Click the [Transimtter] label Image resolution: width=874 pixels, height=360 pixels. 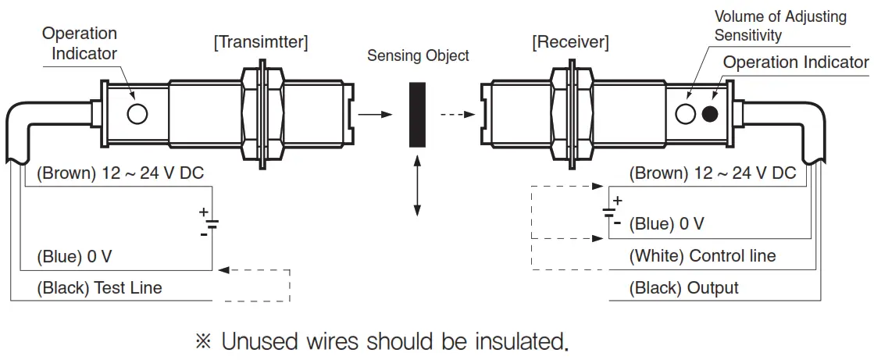point(261,43)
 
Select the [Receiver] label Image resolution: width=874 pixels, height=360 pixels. point(570,42)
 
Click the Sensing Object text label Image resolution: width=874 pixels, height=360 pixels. point(419,55)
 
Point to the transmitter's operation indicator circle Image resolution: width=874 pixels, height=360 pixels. point(137,114)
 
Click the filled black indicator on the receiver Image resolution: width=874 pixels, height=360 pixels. point(709,114)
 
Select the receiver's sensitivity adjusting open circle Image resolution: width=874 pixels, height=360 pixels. point(685,114)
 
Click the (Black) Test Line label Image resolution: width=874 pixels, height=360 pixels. point(100,288)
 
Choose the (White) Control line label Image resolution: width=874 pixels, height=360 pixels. point(703,256)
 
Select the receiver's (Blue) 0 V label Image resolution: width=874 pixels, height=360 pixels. point(667,224)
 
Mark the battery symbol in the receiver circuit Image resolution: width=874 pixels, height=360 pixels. point(608,211)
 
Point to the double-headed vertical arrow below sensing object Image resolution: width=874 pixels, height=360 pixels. point(418,186)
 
